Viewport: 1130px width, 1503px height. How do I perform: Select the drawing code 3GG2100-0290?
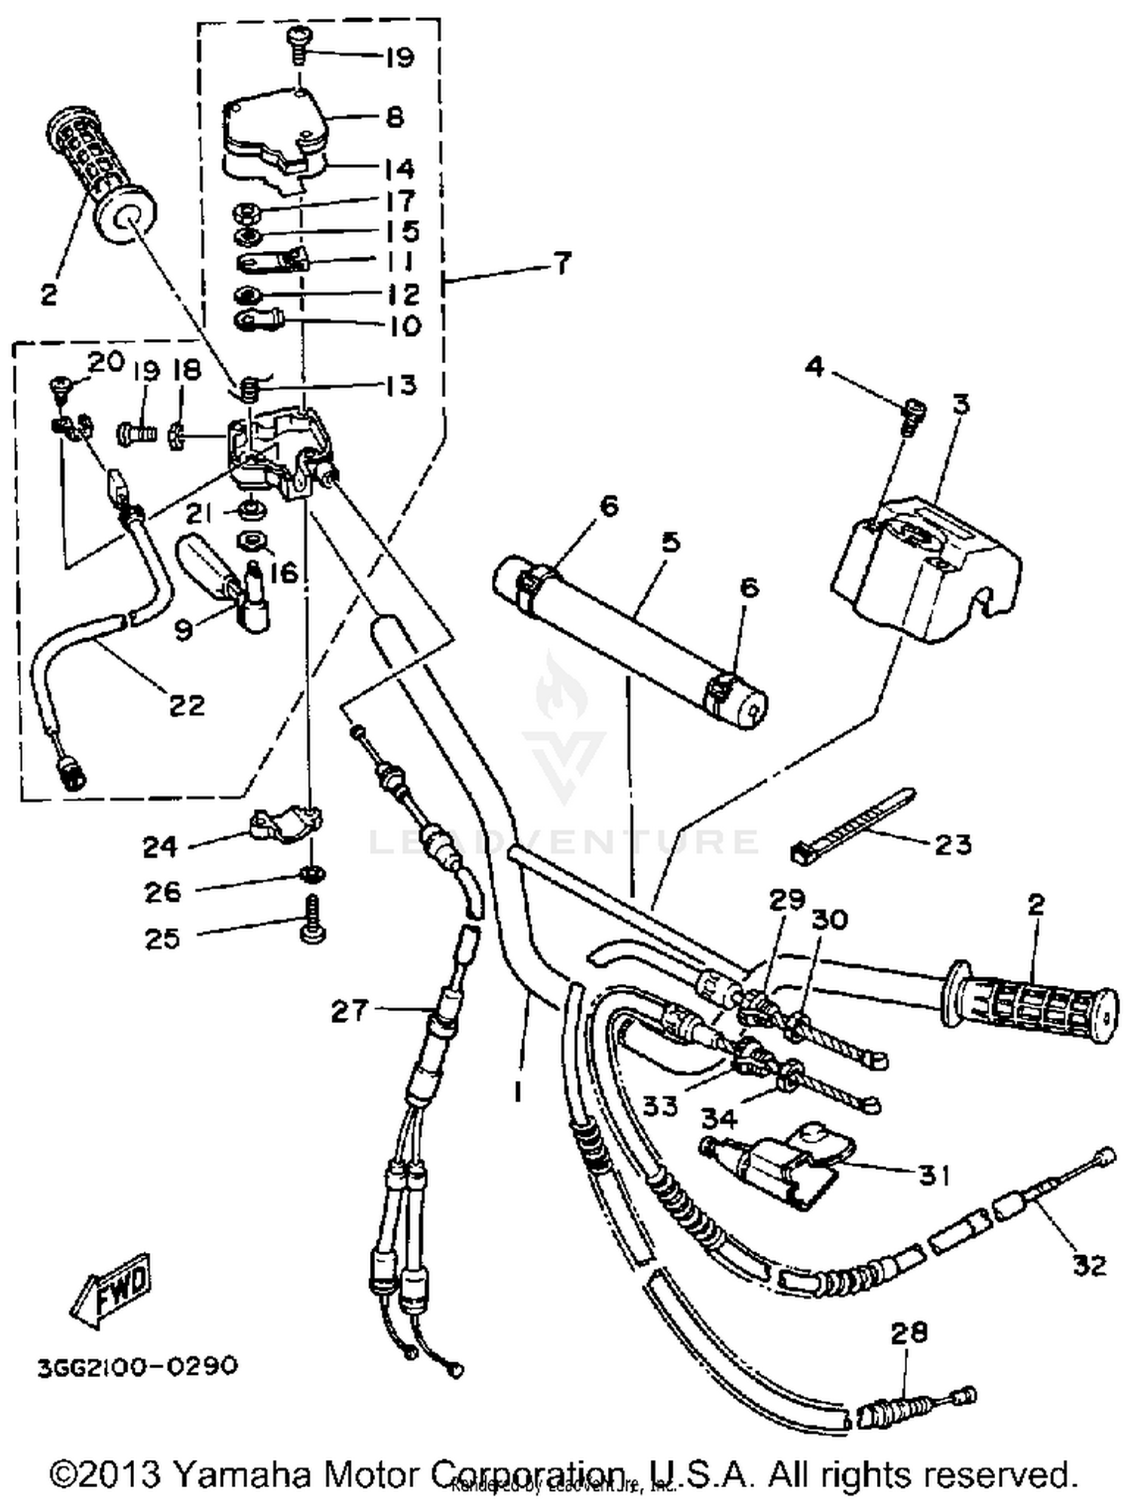pyautogui.click(x=138, y=1365)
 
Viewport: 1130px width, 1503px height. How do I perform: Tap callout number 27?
pyautogui.click(x=350, y=1012)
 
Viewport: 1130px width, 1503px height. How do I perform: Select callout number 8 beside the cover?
pyautogui.click(x=394, y=118)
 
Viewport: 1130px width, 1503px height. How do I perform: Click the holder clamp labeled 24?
pyautogui.click(x=284, y=825)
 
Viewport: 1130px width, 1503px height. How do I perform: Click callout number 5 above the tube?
pyautogui.click(x=670, y=542)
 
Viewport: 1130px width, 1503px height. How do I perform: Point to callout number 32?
pyautogui.click(x=1089, y=1264)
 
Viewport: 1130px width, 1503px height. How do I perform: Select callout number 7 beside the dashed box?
pyautogui.click(x=562, y=263)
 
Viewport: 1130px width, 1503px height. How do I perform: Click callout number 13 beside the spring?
pyautogui.click(x=400, y=385)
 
